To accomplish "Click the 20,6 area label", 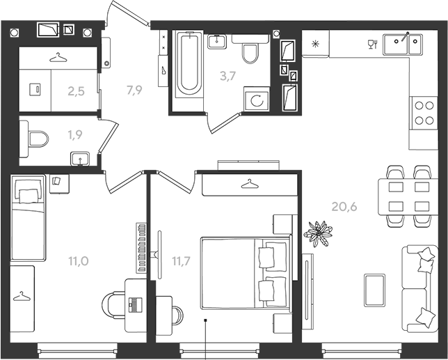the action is (x=344, y=206).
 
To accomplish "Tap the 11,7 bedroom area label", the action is (x=181, y=261).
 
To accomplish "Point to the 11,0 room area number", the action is (x=79, y=261).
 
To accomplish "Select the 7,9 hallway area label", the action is (x=134, y=90).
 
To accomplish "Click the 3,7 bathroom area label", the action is (x=227, y=76).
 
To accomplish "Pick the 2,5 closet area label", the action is (x=76, y=91).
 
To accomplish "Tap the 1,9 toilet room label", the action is (x=75, y=134).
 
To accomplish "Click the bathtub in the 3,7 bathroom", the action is (x=187, y=64).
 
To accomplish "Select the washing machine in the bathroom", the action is (x=257, y=99).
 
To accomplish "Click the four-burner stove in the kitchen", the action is (x=424, y=113).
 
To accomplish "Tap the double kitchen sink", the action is (x=403, y=45).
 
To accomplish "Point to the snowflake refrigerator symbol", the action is (x=315, y=44).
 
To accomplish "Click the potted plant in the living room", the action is (x=318, y=233).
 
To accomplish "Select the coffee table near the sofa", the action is (x=374, y=290).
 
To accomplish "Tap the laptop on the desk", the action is (x=135, y=305).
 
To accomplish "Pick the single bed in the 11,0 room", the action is (x=28, y=218).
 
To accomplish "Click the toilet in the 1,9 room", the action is (x=34, y=139).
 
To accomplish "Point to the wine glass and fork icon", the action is (x=373, y=45).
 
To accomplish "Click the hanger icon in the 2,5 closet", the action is (x=58, y=57).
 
